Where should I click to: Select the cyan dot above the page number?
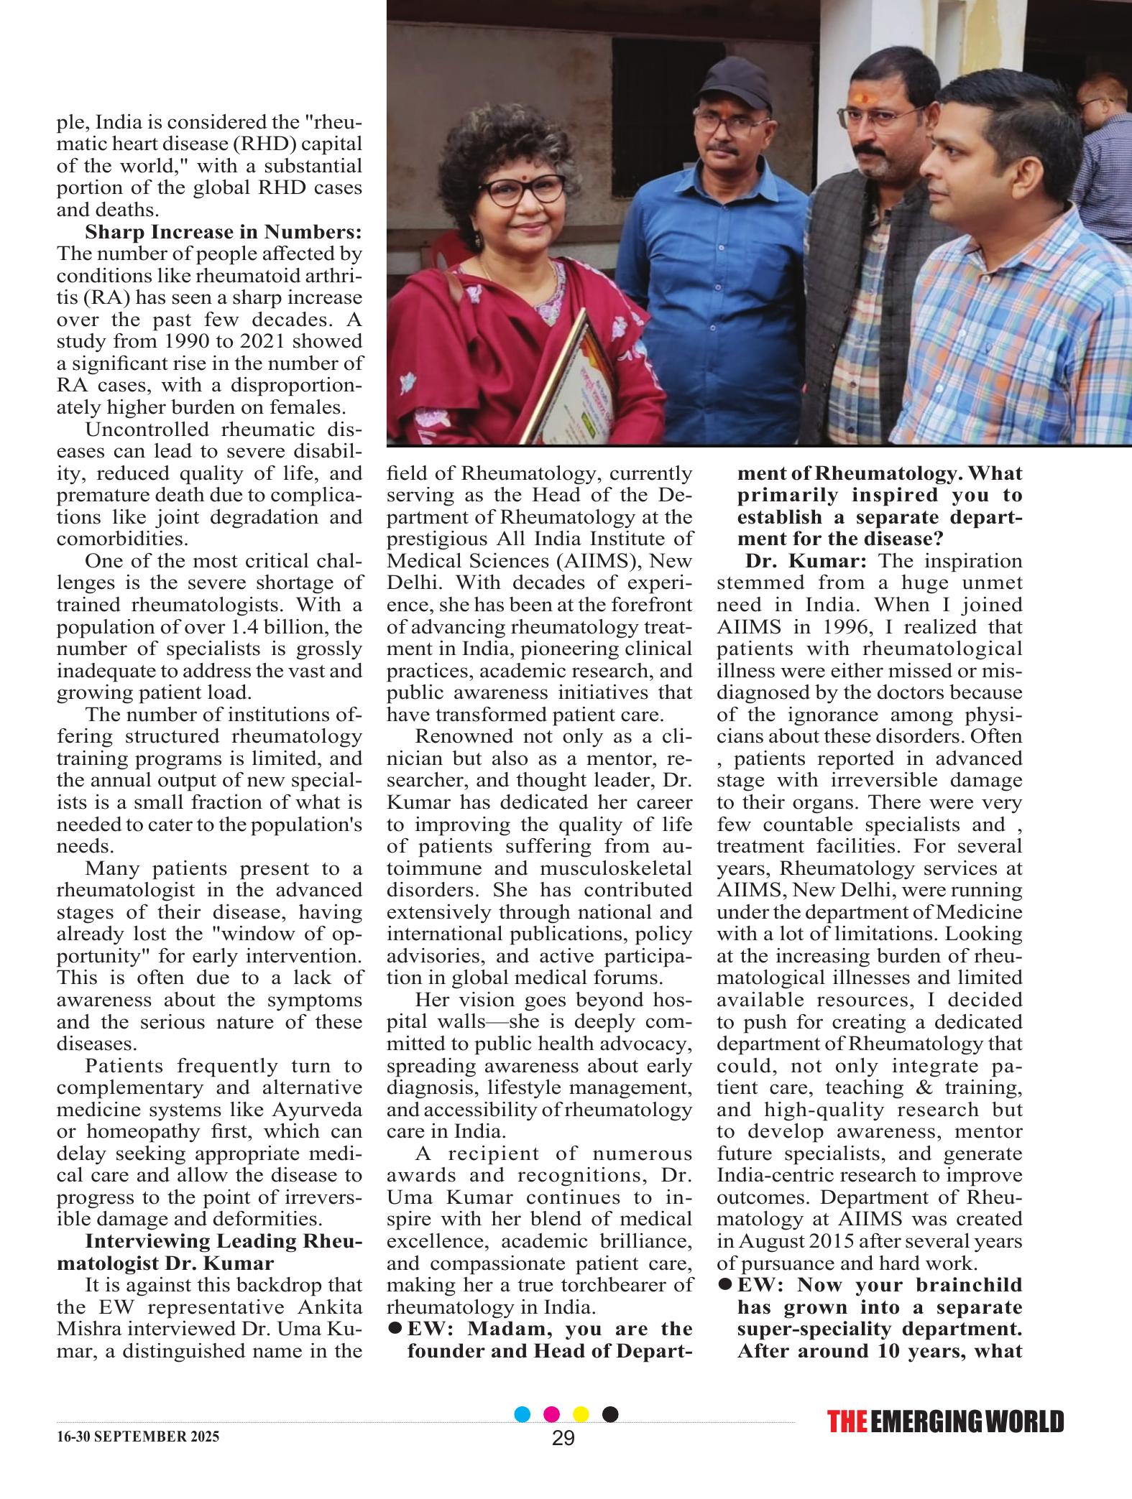[523, 1414]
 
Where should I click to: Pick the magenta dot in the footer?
[552, 1414]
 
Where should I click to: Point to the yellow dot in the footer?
[581, 1414]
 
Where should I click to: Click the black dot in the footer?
[609, 1414]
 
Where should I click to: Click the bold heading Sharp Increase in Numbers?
[223, 232]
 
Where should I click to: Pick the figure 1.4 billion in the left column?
[286, 627]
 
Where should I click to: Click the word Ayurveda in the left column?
[316, 1109]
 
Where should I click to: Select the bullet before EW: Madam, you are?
[394, 1329]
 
